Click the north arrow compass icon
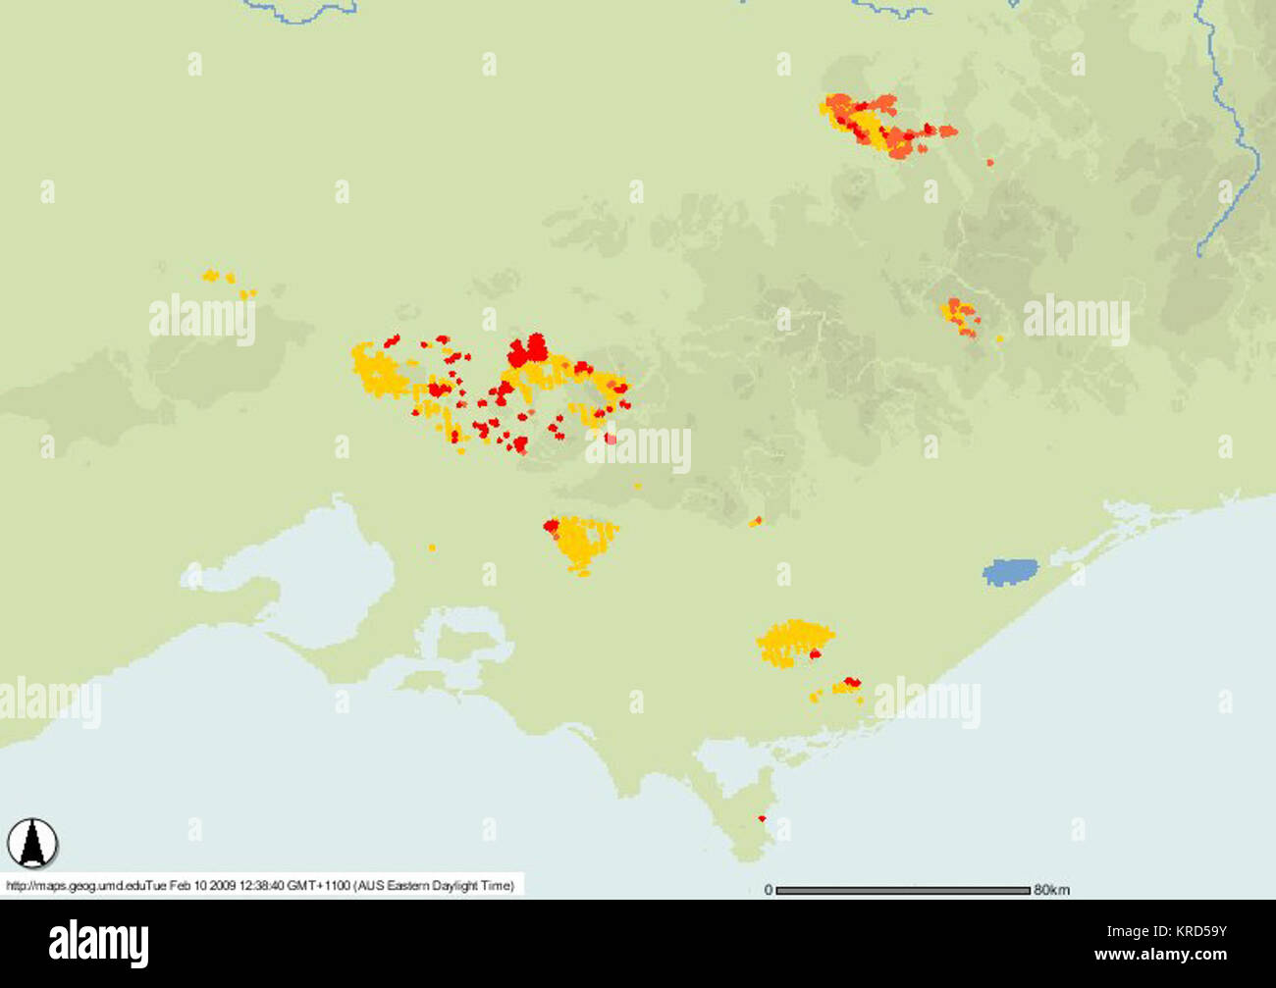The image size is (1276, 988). [x=32, y=843]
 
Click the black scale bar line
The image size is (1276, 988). [x=902, y=891]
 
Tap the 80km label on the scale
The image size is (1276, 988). [x=1051, y=890]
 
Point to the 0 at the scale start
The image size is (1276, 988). [x=768, y=890]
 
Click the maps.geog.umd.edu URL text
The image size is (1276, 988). [x=75, y=886]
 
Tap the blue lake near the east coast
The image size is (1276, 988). [x=1010, y=572]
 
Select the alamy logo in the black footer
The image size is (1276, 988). [x=99, y=943]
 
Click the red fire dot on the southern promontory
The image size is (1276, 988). [x=761, y=818]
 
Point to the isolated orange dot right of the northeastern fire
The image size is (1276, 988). [x=989, y=162]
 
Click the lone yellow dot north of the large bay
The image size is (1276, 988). [x=432, y=547]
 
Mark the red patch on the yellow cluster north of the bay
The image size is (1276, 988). [x=551, y=526]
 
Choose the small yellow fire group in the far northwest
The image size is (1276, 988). [x=228, y=283]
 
